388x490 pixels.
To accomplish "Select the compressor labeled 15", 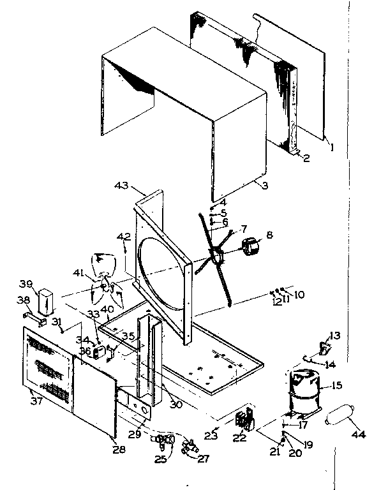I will pyautogui.click(x=304, y=389).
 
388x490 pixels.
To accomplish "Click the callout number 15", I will pyautogui.click(x=336, y=385).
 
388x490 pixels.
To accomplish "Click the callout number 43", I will pyautogui.click(x=121, y=186).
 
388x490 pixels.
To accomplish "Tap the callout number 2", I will pyautogui.click(x=307, y=158).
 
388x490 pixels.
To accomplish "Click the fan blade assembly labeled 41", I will pyautogui.click(x=105, y=284).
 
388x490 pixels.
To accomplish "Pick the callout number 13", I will pyautogui.click(x=335, y=336).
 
